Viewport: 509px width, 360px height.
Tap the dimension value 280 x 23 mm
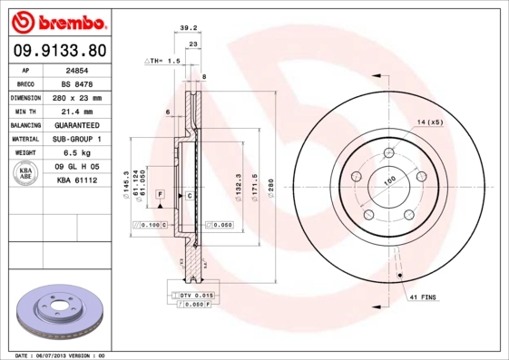tap(76, 97)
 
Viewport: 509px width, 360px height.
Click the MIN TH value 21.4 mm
tap(76, 111)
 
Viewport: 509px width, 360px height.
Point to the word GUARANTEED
tap(76, 125)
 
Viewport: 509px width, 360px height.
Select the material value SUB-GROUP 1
tap(76, 139)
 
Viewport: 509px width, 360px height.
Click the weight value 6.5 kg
tap(76, 153)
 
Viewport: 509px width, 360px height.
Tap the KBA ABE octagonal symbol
tap(27, 174)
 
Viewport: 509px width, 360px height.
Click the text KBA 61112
tap(76, 181)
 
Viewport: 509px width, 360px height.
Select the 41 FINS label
tap(424, 297)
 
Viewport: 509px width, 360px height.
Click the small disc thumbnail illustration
tap(57, 313)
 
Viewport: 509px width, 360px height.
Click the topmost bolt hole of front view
tap(387, 151)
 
